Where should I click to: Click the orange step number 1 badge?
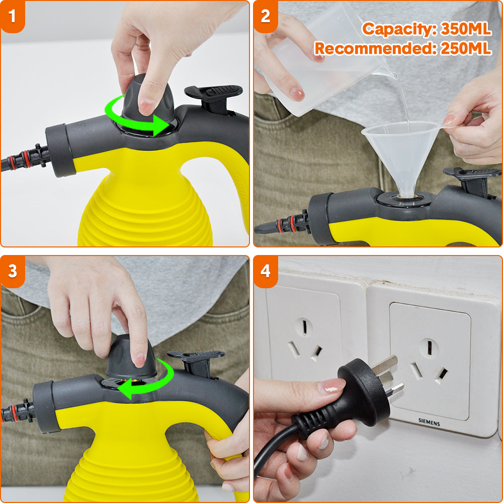pyautogui.click(x=12, y=16)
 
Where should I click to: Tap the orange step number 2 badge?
pyautogui.click(x=266, y=16)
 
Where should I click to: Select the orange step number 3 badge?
pyautogui.click(x=12, y=272)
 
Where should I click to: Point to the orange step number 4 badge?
pyautogui.click(x=266, y=272)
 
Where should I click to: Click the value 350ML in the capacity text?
pyautogui.click(x=466, y=29)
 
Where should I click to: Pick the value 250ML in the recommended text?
pyautogui.click(x=466, y=48)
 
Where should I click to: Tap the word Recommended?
pyautogui.click(x=376, y=49)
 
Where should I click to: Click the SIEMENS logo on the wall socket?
pyautogui.click(x=429, y=422)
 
